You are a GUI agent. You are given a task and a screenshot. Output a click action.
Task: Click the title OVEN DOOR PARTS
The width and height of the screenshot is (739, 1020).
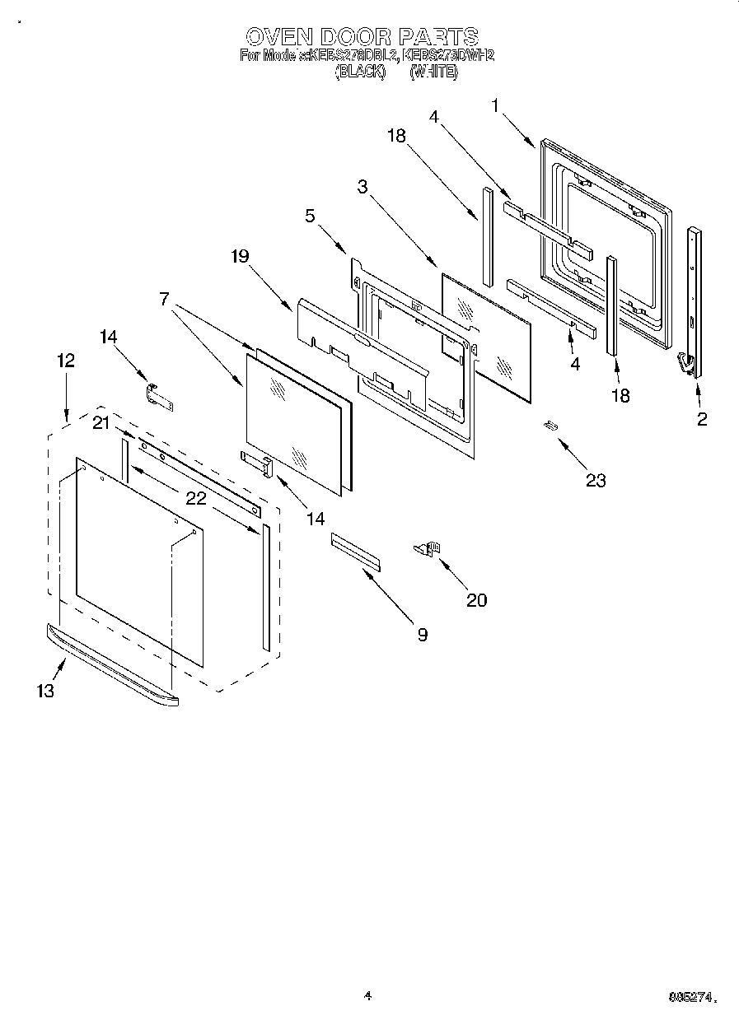362,36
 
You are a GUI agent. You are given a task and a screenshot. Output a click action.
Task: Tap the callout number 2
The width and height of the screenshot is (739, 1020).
701,419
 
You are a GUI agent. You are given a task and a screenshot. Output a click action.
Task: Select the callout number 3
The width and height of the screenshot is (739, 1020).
362,186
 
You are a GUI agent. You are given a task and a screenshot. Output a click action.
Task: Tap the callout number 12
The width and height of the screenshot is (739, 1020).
66,360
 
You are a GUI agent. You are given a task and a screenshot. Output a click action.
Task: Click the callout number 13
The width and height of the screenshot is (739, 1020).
45,691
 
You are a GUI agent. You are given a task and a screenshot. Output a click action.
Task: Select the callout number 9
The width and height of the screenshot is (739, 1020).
422,634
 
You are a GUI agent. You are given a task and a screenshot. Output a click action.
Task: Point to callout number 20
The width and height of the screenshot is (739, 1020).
476,600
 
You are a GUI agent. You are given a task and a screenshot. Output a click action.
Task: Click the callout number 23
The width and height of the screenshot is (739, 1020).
595,480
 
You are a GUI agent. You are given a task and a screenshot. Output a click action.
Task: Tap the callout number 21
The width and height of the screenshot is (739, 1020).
101,423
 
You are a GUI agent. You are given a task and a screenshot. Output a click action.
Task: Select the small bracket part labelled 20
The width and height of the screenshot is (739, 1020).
428,547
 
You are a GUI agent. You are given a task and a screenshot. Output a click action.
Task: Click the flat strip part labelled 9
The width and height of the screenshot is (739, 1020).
357,551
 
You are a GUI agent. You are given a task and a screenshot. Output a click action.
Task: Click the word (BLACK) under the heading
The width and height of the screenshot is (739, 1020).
360,72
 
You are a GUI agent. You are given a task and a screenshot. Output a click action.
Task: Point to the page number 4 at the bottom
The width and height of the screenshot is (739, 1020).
367,996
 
